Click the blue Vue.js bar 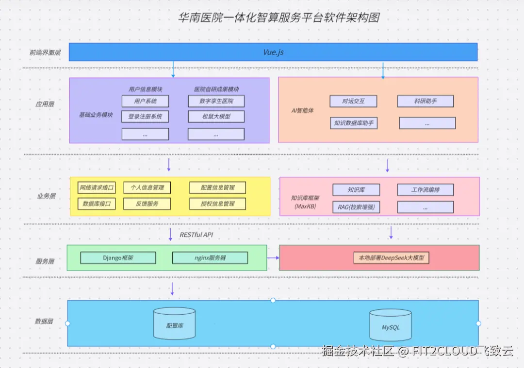coord(273,52)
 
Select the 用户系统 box coord(145,101)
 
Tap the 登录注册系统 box coord(145,117)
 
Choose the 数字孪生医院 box coord(216,101)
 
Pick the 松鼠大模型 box coord(216,117)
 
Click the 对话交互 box coord(353,101)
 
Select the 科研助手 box coord(425,101)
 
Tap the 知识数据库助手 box coord(353,123)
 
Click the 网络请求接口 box coord(97,188)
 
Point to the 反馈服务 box coord(147,204)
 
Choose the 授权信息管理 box coord(217,204)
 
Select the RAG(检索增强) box coord(356,207)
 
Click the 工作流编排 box coord(425,190)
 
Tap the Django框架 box coord(118,258)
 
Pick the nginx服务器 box coord(210,258)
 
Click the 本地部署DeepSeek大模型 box coord(391,258)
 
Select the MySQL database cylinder coord(391,325)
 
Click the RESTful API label coord(196,235)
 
